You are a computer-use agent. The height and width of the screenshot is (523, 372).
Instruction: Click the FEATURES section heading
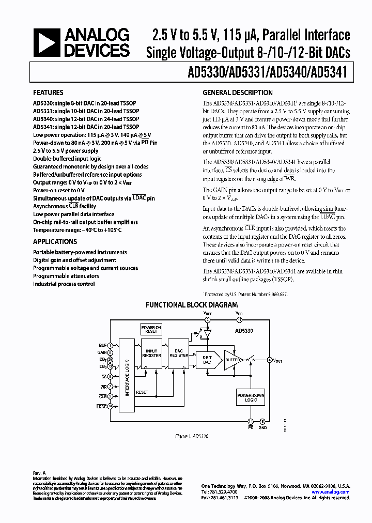click(x=49, y=94)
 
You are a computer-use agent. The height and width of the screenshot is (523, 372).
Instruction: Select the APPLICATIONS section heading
click(x=55, y=241)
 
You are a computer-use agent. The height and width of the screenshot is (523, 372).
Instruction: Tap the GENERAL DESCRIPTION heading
click(x=238, y=93)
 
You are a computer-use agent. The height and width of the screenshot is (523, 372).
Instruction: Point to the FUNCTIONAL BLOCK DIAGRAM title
click(x=192, y=305)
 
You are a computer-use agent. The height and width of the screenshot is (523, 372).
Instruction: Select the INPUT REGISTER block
click(x=151, y=353)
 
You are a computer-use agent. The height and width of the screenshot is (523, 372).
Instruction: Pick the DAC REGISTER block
click(x=179, y=353)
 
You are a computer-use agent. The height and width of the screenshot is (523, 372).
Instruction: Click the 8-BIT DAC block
click(x=207, y=360)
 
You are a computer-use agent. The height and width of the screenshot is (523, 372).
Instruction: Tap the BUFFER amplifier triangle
click(x=230, y=360)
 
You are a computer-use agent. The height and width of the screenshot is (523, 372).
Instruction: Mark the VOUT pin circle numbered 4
click(x=269, y=360)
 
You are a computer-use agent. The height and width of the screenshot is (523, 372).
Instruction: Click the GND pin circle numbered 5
click(x=262, y=421)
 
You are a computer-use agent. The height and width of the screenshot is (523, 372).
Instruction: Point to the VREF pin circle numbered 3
click(x=208, y=320)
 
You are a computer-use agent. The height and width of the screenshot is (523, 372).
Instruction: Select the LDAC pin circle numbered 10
click(x=110, y=406)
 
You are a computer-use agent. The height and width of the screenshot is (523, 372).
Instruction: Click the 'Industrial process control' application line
click(x=64, y=284)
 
